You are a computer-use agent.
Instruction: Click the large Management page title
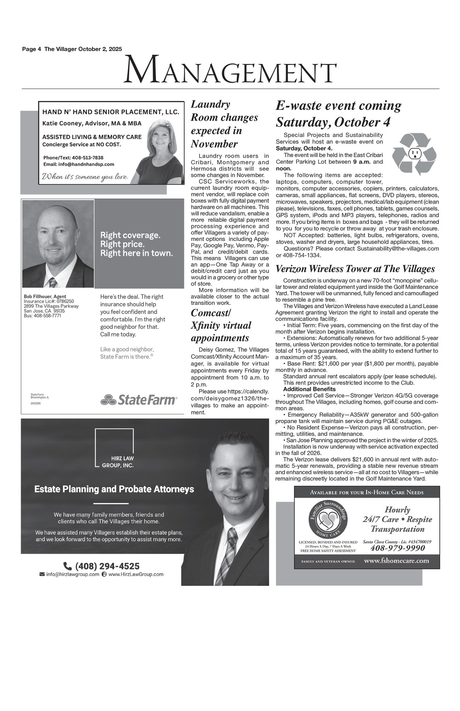point(230,70)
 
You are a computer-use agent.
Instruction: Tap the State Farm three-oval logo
point(108,400)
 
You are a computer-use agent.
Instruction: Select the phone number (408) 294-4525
point(107,566)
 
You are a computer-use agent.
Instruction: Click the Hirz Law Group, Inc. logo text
point(118,462)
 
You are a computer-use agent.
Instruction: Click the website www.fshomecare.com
point(396,561)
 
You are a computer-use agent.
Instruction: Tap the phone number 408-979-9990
point(397,548)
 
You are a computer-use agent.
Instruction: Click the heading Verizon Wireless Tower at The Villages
point(355,269)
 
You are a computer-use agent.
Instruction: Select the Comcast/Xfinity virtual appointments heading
point(221,326)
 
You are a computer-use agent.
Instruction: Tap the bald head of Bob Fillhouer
point(57,218)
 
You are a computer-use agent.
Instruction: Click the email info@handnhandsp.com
point(79,164)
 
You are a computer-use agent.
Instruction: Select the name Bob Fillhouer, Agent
point(45,296)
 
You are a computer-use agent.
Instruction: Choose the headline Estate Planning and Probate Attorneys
point(114,489)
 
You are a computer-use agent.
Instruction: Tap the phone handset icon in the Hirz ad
point(67,566)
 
